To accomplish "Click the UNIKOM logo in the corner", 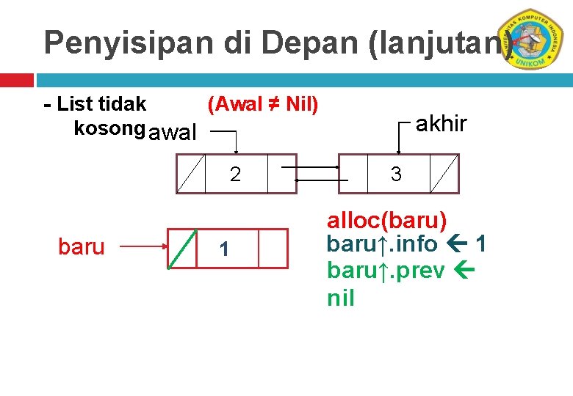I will pyautogui.click(x=536, y=40).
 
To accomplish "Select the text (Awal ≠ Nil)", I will pyautogui.click(x=263, y=105).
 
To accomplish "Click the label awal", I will pyautogui.click(x=172, y=133).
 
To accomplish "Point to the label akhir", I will pyautogui.click(x=441, y=124).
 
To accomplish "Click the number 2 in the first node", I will pyautogui.click(x=235, y=175).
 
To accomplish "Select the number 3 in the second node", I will pyautogui.click(x=396, y=175).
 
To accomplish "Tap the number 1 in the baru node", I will pyautogui.click(x=225, y=250).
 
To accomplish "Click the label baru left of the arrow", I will pyautogui.click(x=81, y=248).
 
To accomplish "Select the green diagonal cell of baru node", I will pyautogui.click(x=183, y=249).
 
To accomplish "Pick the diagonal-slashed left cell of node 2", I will pyautogui.click(x=190, y=174).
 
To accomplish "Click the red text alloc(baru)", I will pyautogui.click(x=387, y=220).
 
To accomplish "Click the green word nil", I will pyautogui.click(x=341, y=298).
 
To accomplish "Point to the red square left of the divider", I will pyautogui.click(x=16, y=79).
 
